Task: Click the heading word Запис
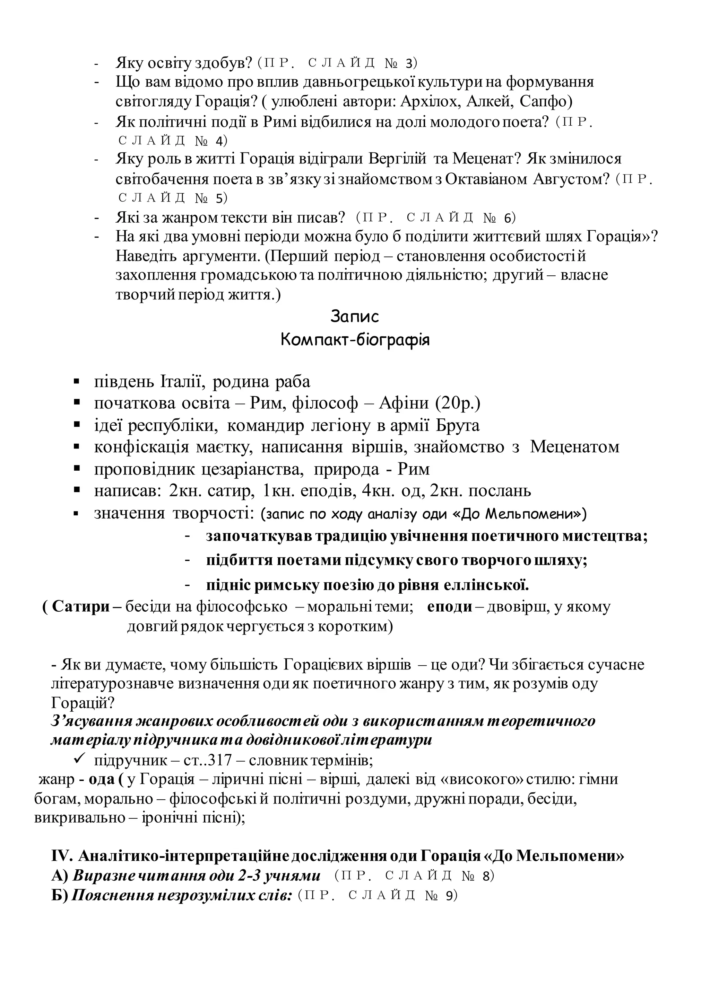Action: (355, 316)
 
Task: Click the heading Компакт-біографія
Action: (355, 339)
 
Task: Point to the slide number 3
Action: (409, 64)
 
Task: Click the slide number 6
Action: (507, 218)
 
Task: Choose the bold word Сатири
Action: (81, 607)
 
